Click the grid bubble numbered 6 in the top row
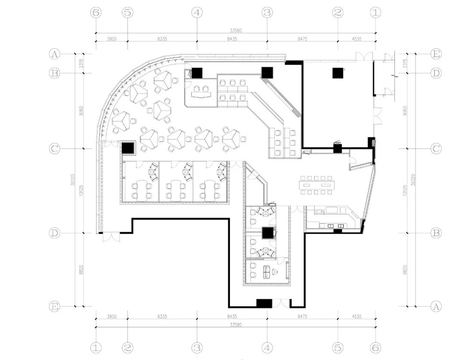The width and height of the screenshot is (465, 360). point(96,13)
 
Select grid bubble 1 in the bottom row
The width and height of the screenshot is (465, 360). point(96,347)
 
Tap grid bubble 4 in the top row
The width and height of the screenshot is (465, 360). point(197,13)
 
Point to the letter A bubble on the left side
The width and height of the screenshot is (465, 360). point(55,54)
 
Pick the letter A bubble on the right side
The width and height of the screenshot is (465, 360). point(436,306)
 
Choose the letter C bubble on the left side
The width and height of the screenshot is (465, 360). point(55,149)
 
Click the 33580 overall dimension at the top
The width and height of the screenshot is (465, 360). point(236,30)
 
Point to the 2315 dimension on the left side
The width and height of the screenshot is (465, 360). point(80,64)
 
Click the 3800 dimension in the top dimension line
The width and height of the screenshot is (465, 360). point(112,39)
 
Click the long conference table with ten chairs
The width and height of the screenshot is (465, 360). point(319,185)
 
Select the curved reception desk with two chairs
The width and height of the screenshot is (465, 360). point(201,91)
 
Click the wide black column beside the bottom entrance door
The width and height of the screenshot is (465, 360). point(264,303)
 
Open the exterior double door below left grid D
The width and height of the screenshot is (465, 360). point(111,236)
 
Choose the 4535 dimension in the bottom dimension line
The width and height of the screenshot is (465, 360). point(356,317)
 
